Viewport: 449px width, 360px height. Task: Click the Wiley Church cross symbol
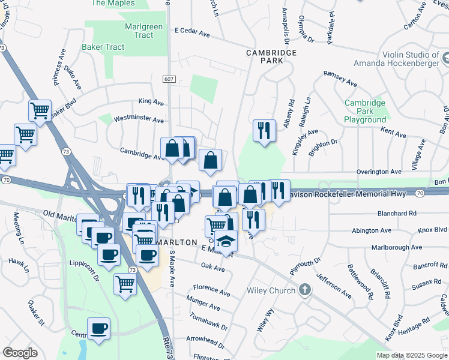[305, 290]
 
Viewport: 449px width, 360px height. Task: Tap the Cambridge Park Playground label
[365, 111]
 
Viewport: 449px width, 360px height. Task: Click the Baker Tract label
[104, 47]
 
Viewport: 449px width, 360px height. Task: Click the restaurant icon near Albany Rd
[264, 131]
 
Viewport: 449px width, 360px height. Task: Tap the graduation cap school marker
[226, 241]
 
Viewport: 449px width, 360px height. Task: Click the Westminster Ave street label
[139, 119]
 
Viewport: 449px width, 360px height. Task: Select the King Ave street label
[151, 102]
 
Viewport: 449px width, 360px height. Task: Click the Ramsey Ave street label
[340, 74]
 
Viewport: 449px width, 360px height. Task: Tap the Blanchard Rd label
[397, 213]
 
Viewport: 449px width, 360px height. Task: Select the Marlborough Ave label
[396, 247]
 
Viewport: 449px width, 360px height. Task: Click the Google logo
[20, 353]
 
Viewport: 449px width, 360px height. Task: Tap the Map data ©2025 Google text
[412, 355]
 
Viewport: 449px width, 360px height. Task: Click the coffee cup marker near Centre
[99, 329]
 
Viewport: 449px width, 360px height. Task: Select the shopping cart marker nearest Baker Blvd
[40, 110]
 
